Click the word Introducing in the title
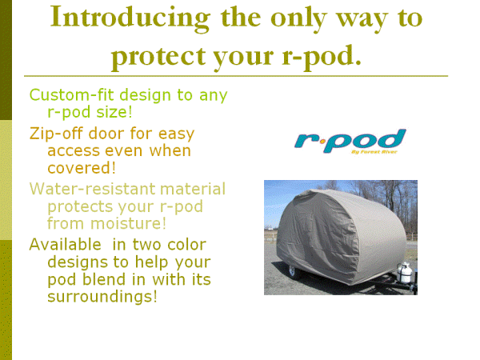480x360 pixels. click(130, 18)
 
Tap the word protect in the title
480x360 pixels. click(158, 58)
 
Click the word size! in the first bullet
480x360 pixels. click(114, 111)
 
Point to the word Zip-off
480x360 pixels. click(56, 134)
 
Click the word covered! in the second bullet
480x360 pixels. click(82, 168)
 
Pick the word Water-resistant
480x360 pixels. click(93, 189)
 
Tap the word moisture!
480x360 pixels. click(128, 223)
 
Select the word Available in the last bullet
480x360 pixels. click(66, 245)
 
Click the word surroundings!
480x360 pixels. click(102, 296)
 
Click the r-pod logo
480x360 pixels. click(350, 141)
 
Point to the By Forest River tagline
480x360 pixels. click(374, 151)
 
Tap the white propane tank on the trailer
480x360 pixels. click(405, 273)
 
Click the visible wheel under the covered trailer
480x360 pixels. click(292, 271)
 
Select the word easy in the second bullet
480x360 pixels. click(176, 134)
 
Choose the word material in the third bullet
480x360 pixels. click(193, 189)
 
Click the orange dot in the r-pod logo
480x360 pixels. click(322, 142)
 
